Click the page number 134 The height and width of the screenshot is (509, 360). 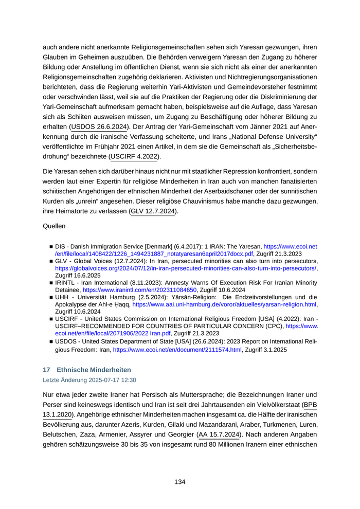click(179, 482)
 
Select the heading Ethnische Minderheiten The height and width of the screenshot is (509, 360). click(94, 370)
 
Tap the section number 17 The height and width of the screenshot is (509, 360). click(46, 370)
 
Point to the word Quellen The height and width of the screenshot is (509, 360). click(55, 225)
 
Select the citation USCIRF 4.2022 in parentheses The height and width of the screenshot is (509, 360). click(135, 156)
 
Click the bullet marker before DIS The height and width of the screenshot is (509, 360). click(51, 247)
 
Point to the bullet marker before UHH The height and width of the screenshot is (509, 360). click(51, 297)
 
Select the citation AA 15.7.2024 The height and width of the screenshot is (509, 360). click(219, 434)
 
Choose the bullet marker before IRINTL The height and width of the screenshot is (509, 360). click(51, 283)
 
